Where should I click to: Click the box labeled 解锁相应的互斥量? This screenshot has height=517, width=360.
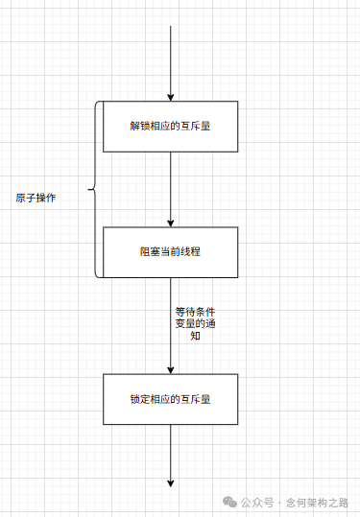170,126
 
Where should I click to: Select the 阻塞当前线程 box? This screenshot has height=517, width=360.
170,251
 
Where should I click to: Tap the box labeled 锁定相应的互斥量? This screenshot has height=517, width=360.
170,399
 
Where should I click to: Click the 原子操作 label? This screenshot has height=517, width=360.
36,198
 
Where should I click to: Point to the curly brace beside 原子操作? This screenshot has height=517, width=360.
94,190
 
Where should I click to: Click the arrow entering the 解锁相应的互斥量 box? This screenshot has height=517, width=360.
170,62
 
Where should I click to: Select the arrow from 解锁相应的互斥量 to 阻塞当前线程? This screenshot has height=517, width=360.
170,187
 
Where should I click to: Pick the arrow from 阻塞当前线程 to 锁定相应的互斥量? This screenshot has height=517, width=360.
170,326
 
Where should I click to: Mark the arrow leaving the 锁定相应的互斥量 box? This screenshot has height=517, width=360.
170,455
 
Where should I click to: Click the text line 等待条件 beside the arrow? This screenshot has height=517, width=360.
195,312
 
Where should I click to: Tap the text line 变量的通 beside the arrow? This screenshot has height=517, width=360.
195,324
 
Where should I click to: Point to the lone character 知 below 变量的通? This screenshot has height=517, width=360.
195,337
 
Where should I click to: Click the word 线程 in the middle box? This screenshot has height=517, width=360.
190,251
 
